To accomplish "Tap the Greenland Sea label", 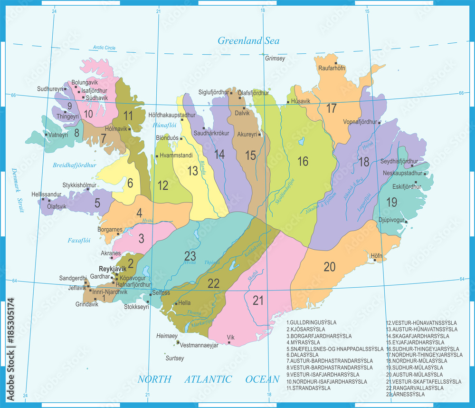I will (248, 40).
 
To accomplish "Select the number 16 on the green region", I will (303, 161).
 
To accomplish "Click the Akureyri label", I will (247, 135).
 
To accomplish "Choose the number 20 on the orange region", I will (330, 267).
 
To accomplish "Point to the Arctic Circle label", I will (104, 48).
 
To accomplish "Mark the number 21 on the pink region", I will (258, 300).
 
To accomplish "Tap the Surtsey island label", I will (174, 358).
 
